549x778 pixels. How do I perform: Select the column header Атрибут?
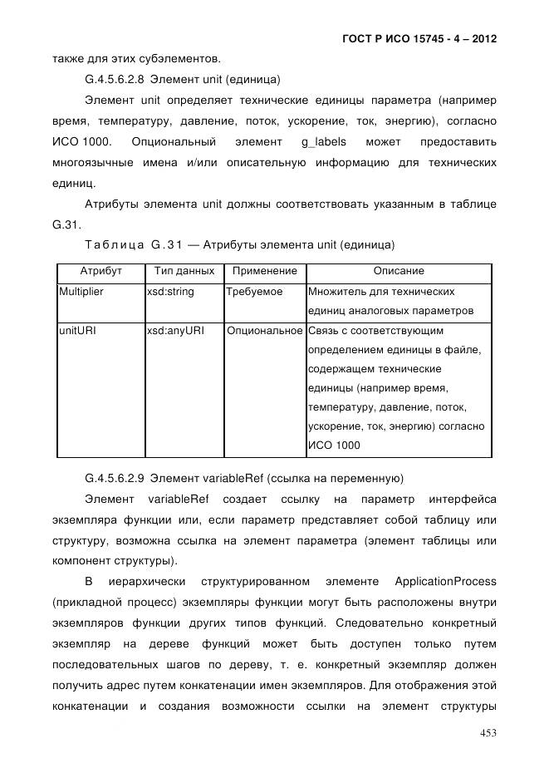click(100, 272)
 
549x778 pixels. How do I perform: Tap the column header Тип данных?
click(184, 272)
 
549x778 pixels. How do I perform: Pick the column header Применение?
click(264, 272)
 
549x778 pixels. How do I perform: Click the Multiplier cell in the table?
click(81, 293)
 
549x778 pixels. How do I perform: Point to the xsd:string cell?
click(170, 293)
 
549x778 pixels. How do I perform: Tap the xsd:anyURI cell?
click(175, 331)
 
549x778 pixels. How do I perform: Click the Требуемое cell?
click(255, 293)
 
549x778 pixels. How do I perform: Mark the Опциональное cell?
click(264, 331)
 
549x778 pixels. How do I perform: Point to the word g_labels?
click(324, 141)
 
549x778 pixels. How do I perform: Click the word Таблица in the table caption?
click(112, 245)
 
